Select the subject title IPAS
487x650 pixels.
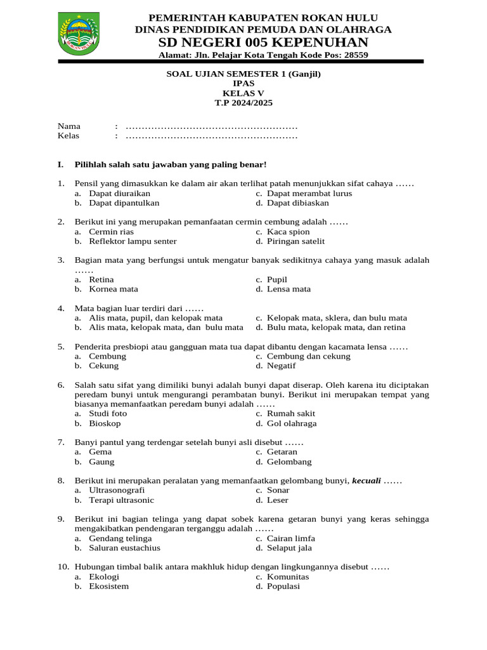point(243,83)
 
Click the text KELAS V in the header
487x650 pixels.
point(243,93)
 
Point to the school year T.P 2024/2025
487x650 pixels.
point(243,102)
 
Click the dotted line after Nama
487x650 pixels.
point(212,126)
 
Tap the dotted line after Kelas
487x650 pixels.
point(212,136)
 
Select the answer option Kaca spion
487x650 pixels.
point(288,232)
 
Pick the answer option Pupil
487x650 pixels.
point(277,279)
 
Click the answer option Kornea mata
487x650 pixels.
point(114,289)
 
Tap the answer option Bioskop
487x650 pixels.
point(105,423)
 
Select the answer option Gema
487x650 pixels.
point(100,452)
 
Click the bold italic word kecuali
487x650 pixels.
point(366,481)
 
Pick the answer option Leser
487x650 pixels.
point(278,500)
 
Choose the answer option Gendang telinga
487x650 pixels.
point(120,538)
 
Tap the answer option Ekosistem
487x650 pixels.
point(109,587)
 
